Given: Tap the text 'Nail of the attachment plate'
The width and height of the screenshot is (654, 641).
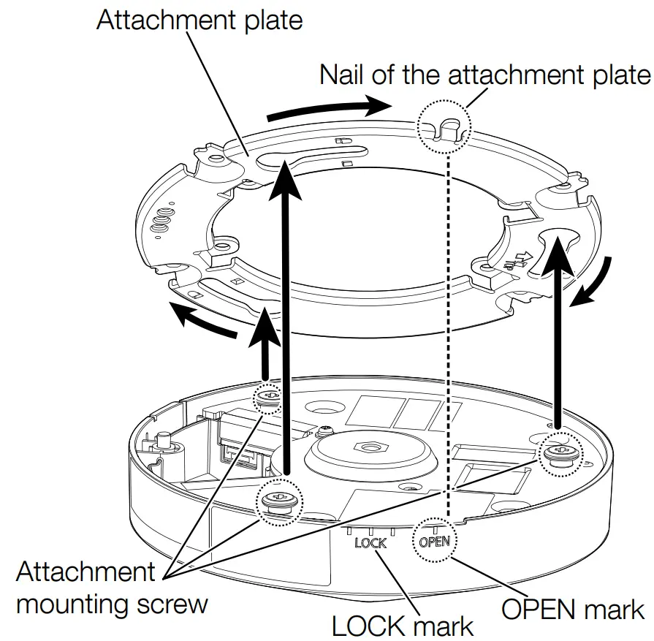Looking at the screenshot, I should (484, 75).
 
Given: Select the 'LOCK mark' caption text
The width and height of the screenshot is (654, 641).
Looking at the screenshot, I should (402, 625).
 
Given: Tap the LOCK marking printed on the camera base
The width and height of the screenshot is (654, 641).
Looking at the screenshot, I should (370, 543).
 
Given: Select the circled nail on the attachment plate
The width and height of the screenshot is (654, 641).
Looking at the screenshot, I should (442, 129).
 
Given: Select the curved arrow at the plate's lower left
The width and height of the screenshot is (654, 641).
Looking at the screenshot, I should (201, 322).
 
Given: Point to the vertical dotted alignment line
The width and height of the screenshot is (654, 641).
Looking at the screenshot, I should (447, 329).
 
